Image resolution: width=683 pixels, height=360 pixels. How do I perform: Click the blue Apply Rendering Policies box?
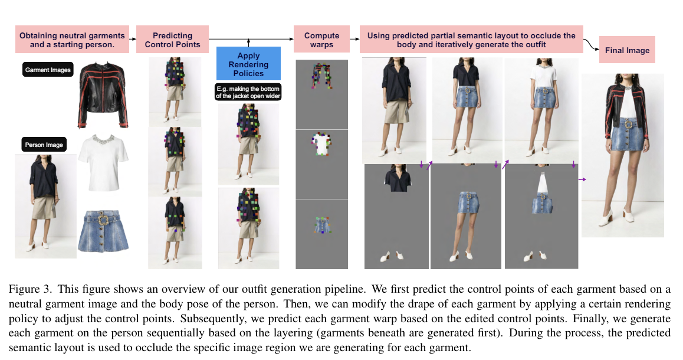point(249,64)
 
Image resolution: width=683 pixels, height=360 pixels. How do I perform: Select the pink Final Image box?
point(626,50)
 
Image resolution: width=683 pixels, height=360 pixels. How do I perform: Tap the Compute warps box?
point(321,40)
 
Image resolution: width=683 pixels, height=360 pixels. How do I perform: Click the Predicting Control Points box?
point(172,40)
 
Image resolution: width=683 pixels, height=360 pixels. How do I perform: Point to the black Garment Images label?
point(48,70)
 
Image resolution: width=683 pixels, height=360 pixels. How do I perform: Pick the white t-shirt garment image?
point(103,161)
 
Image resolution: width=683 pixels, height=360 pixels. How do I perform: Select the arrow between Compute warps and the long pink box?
point(354,40)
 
